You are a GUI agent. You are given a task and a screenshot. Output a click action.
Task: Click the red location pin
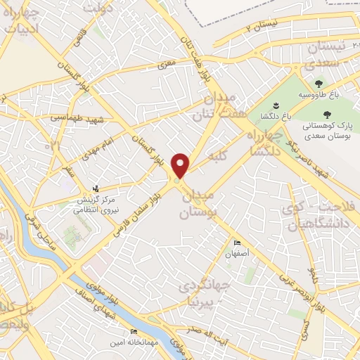tap(181, 166)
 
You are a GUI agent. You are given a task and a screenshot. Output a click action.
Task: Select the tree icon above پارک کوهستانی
tap(327, 113)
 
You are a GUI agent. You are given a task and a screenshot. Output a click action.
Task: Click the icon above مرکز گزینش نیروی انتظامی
tap(98, 188)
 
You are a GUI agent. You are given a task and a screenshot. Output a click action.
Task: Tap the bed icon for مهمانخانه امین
tap(133, 332)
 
